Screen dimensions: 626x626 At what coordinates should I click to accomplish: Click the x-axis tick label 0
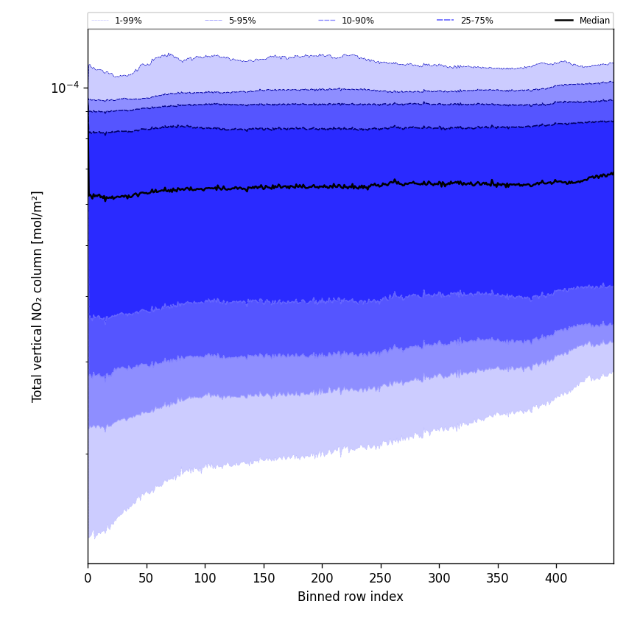coord(88,578)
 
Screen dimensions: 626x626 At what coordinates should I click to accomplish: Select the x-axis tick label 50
coord(146,578)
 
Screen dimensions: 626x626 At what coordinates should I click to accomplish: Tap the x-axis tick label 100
coord(205,578)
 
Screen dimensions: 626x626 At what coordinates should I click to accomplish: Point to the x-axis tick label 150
coord(263,578)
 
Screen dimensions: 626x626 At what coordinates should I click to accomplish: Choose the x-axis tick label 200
coord(322,578)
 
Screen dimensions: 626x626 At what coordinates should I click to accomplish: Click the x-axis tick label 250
coord(380,578)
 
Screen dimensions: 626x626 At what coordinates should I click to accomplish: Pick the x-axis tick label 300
coord(439,578)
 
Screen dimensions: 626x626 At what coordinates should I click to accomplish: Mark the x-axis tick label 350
coord(497,578)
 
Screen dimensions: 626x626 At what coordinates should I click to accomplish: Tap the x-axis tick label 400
coord(556,578)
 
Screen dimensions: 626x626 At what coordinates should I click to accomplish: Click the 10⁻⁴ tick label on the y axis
coord(65,88)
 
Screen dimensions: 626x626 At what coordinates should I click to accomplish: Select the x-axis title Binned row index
coord(351,597)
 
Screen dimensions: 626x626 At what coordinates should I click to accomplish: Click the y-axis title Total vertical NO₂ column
coord(38,296)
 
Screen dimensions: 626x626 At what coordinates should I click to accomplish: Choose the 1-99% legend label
coord(128,21)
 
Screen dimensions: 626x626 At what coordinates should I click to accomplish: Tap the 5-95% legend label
coord(242,21)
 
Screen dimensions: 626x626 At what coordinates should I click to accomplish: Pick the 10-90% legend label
coord(358,21)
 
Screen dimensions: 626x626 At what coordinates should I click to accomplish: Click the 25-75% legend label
coord(476,21)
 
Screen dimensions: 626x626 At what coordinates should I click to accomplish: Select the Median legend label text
coord(594,21)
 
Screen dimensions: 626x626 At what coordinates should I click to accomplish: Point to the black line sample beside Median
coord(564,21)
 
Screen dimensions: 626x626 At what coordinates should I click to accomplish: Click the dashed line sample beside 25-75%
coord(445,21)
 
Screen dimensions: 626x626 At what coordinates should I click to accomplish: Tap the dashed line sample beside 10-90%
coord(326,21)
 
